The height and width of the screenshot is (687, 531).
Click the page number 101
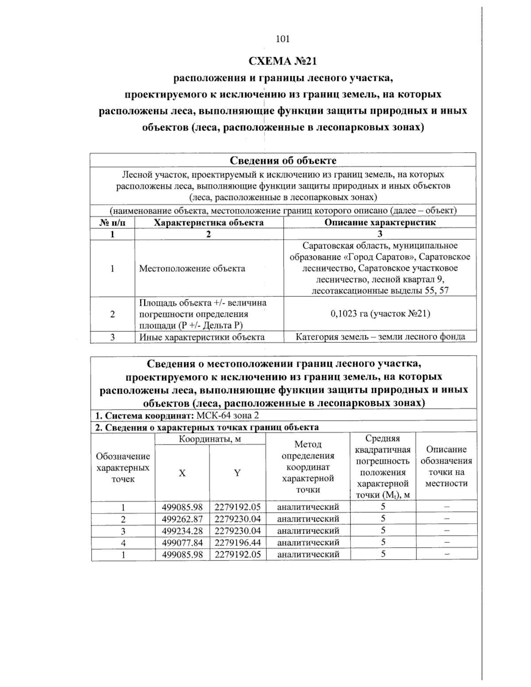click(282, 39)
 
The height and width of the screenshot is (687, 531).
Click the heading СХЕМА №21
click(283, 60)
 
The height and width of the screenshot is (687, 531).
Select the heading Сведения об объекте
click(283, 160)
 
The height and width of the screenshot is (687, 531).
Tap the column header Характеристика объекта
click(208, 222)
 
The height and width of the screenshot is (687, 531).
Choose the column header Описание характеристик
click(380, 222)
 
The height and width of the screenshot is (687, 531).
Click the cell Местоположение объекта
click(192, 269)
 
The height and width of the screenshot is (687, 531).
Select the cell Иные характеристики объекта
click(202, 337)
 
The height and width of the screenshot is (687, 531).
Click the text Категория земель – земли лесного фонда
click(380, 337)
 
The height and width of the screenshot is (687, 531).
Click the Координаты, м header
click(210, 439)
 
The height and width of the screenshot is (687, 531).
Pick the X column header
click(182, 473)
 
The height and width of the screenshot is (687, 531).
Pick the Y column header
click(238, 473)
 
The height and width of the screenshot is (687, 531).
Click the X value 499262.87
click(182, 519)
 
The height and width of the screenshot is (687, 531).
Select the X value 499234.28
click(182, 530)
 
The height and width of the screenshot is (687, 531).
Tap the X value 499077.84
click(182, 542)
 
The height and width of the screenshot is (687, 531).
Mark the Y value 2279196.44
click(238, 542)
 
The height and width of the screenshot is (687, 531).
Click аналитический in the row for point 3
click(308, 530)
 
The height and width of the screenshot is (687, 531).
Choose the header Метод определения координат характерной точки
click(308, 467)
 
